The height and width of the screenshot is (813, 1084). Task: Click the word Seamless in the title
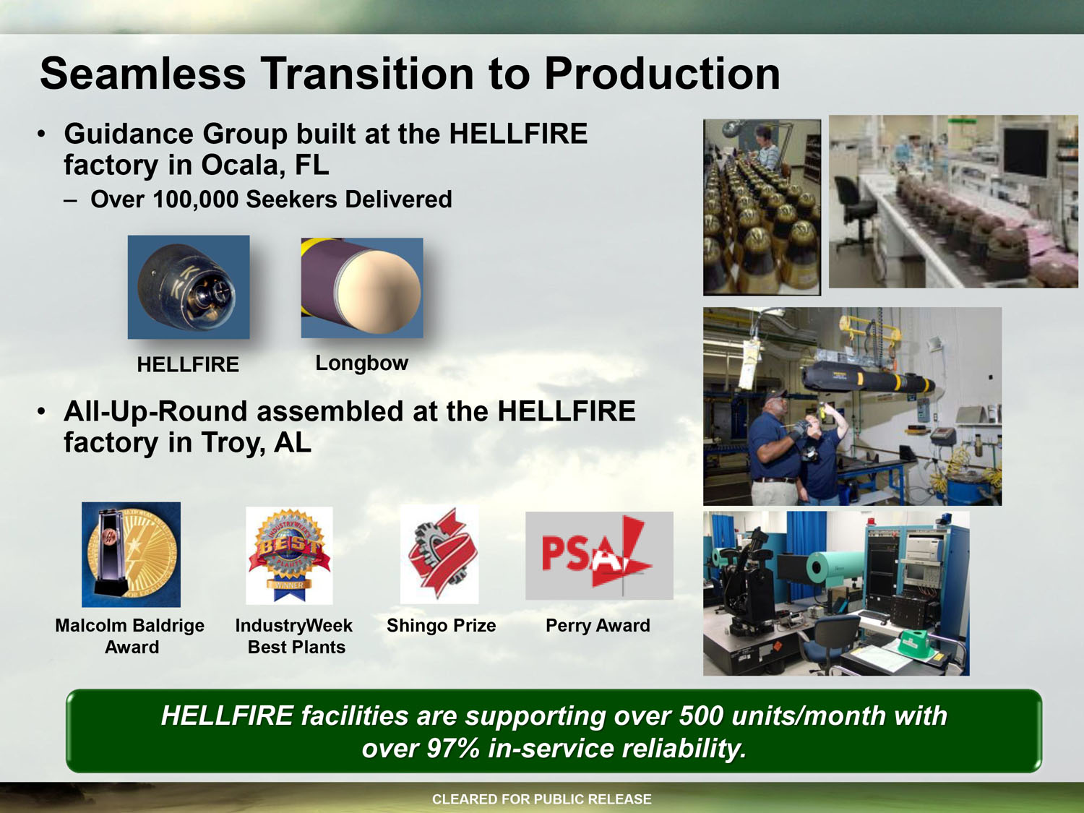click(x=142, y=74)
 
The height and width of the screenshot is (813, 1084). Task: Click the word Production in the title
click(x=662, y=74)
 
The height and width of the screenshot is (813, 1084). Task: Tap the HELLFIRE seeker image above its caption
click(x=189, y=287)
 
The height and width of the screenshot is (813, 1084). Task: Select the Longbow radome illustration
click(x=362, y=288)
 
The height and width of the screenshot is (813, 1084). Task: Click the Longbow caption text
click(x=362, y=364)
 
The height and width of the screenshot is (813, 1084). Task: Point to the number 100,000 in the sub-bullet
click(x=196, y=199)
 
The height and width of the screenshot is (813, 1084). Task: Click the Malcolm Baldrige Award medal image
click(x=132, y=554)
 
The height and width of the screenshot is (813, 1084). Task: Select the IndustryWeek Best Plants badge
click(x=289, y=555)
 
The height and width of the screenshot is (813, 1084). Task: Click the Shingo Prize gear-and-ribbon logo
click(x=439, y=554)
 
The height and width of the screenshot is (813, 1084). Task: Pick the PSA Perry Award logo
click(x=599, y=556)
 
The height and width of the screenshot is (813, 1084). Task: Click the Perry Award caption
click(x=598, y=625)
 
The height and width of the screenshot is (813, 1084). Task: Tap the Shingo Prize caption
click(x=442, y=625)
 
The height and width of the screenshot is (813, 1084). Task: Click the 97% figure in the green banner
click(x=452, y=749)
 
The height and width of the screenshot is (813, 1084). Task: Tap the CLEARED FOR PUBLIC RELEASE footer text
click(x=542, y=799)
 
